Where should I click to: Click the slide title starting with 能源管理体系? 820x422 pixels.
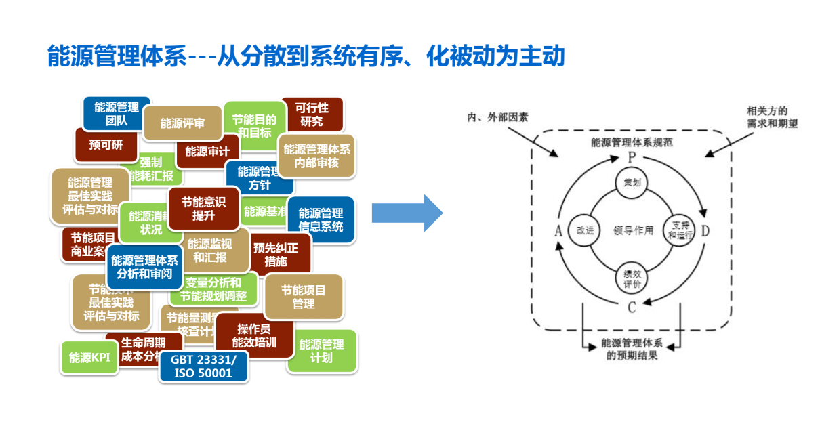pyautogui.click(x=306, y=56)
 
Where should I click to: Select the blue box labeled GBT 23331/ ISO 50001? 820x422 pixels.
pyautogui.click(x=203, y=366)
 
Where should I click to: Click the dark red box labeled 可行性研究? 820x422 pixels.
pyautogui.click(x=312, y=115)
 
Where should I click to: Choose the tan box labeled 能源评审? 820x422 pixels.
pyautogui.click(x=182, y=123)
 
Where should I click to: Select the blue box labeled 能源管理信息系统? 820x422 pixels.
pyautogui.click(x=321, y=219)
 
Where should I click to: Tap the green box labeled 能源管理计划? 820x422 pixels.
pyautogui.click(x=321, y=350)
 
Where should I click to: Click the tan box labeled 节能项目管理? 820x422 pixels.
pyautogui.click(x=303, y=297)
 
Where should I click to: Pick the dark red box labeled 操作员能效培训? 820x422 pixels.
pyautogui.click(x=254, y=335)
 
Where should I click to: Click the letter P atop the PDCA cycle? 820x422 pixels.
pyautogui.click(x=632, y=157)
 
